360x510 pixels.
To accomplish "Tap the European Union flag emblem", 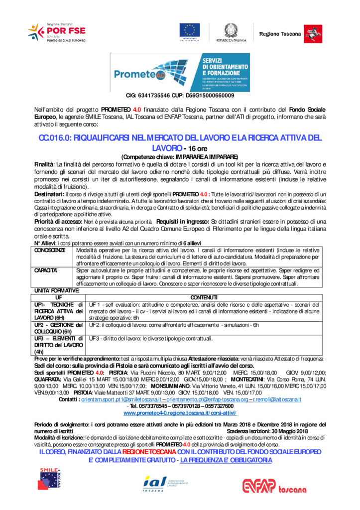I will coord(190,31).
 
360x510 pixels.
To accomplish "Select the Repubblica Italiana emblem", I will coord(231,31).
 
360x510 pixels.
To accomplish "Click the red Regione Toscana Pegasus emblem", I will coord(313,33).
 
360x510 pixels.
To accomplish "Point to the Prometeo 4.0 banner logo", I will coord(180,73).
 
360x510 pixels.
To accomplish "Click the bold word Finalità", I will coord(44,164).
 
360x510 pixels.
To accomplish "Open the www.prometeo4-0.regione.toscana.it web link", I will coord(180,413).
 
